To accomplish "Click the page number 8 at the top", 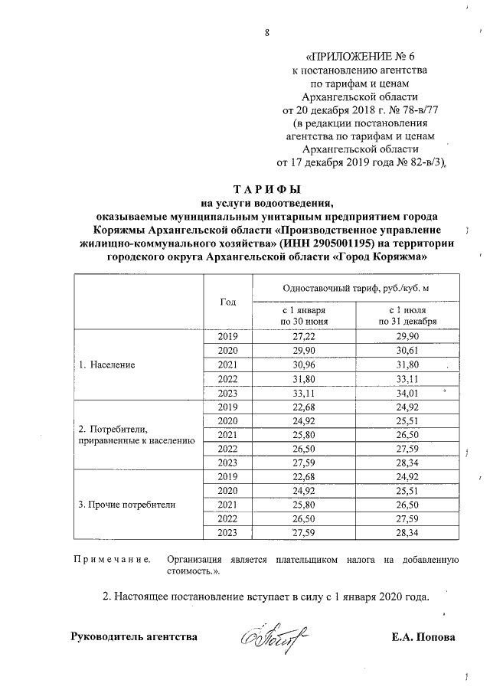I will tap(267, 32).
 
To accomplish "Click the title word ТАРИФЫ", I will tap(266, 189).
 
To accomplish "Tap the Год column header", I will tap(227, 301).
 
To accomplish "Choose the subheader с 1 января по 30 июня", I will tap(304, 316).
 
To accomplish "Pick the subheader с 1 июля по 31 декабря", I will tap(403, 316).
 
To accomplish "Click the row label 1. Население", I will tap(107, 364).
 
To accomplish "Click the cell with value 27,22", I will tap(304, 337).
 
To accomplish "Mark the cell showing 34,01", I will tap(403, 393).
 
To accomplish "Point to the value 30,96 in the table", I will tap(304, 365).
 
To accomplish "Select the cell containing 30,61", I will tap(403, 351).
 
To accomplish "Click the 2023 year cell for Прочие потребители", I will tap(227, 533).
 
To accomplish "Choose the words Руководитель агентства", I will tap(133, 637).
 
